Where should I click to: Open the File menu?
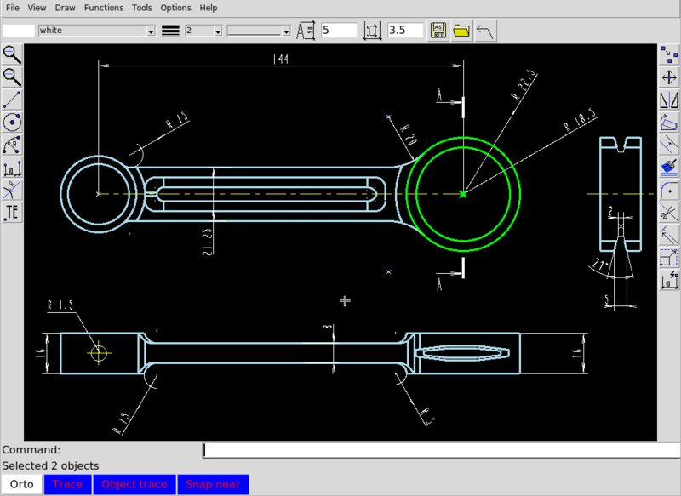13,8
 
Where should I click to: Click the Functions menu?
104,8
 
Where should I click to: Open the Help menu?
209,8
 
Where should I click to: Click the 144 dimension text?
279,59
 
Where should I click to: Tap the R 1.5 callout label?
61,305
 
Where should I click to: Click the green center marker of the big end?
463,194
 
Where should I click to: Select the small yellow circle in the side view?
100,352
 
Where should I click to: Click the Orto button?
22,484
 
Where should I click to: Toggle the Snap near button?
214,484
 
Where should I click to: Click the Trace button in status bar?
68,484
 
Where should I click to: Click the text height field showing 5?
338,31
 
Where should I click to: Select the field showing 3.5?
404,31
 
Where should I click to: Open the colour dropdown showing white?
96,31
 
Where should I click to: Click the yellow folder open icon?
461,31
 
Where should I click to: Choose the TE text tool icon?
13,211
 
